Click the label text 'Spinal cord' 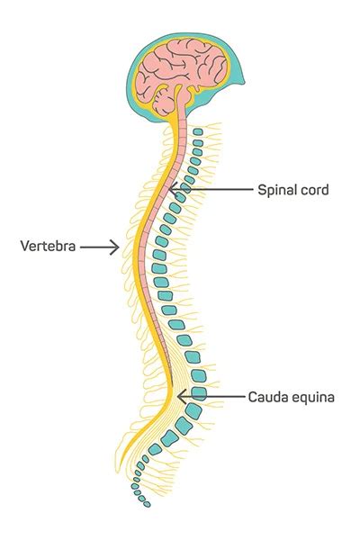pyautogui.click(x=292, y=190)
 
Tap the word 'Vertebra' pyautogui.click(x=47, y=245)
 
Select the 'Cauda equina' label pyautogui.click(x=292, y=396)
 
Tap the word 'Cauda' pyautogui.click(x=266, y=396)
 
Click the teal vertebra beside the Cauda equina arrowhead pyautogui.click(x=199, y=393)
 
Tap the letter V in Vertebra pyautogui.click(x=24, y=245)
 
